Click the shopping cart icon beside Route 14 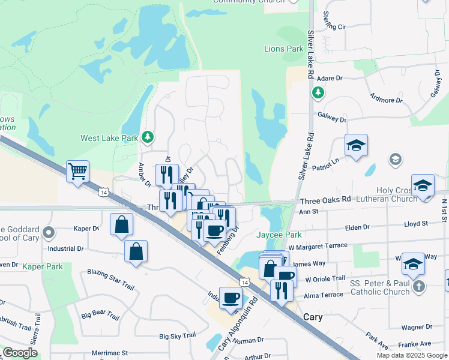77,172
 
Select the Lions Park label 284,49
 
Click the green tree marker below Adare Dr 318,92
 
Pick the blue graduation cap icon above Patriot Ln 356,146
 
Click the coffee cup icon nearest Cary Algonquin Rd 231,298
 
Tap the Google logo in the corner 20,353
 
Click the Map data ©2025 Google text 412,355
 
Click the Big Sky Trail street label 178,336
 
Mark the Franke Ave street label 418,344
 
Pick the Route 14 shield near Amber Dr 104,192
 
